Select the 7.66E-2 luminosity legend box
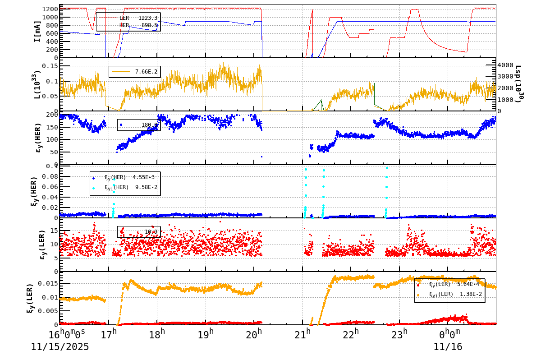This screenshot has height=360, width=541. tap(134, 72)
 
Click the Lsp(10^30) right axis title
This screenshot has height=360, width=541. tap(519, 84)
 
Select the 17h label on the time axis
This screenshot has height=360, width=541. tap(109, 335)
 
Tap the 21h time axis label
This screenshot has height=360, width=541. tap(303, 335)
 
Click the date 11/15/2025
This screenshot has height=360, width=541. tap(60, 347)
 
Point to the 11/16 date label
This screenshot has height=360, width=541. tap(448, 347)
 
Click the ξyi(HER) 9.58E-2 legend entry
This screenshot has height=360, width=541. tap(125, 187)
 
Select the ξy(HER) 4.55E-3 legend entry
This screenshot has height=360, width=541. tap(125, 177)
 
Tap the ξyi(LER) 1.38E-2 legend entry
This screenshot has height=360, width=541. tap(449, 294)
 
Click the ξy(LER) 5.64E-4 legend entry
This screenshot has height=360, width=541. tap(449, 284)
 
